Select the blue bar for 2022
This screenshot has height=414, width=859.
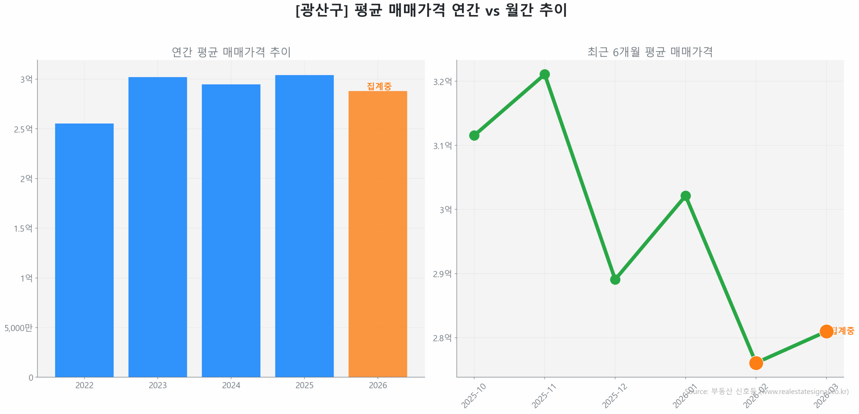pyautogui.click(x=84, y=250)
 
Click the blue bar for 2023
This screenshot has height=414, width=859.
pyautogui.click(x=157, y=227)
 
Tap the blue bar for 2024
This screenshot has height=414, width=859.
pyautogui.click(x=231, y=230)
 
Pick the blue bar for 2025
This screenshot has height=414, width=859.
pyautogui.click(x=304, y=226)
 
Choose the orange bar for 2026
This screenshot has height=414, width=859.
pyautogui.click(x=377, y=234)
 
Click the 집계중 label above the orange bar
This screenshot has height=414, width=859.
pyautogui.click(x=379, y=86)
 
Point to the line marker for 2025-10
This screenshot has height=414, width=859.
pyautogui.click(x=474, y=136)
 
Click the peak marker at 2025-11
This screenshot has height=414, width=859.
pyautogui.click(x=544, y=74)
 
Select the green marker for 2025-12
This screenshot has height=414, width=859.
pyautogui.click(x=615, y=279)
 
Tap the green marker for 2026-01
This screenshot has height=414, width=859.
pyautogui.click(x=685, y=196)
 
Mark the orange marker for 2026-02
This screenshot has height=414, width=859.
pyautogui.click(x=756, y=363)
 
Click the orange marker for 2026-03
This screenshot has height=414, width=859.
pyautogui.click(x=826, y=331)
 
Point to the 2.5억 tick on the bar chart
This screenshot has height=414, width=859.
pyautogui.click(x=23, y=129)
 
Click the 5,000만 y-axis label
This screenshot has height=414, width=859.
pyautogui.click(x=18, y=328)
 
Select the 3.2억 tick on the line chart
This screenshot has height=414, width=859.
pyautogui.click(x=442, y=82)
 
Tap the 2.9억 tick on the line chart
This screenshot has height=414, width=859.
pyautogui.click(x=442, y=274)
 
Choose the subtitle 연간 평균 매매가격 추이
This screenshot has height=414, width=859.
pyautogui.click(x=231, y=52)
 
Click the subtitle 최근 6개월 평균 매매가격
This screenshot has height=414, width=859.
pyautogui.click(x=650, y=52)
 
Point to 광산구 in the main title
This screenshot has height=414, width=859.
pyautogui.click(x=321, y=10)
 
